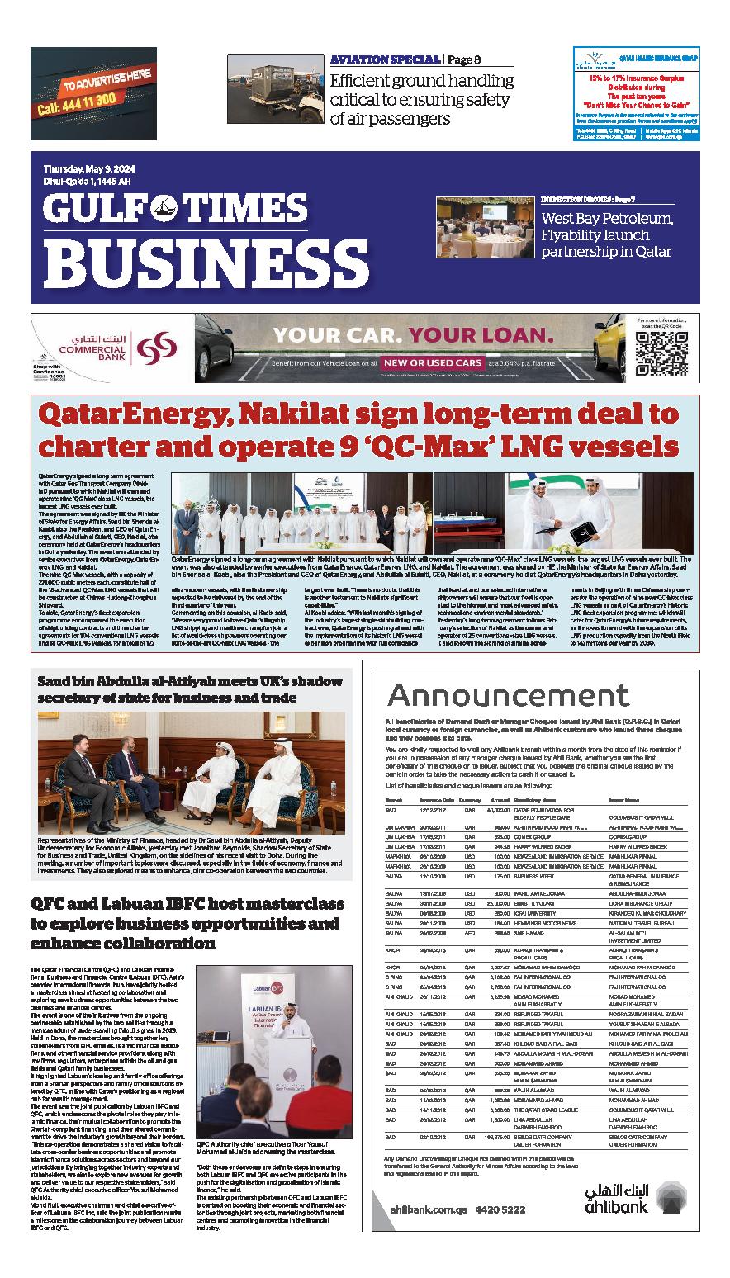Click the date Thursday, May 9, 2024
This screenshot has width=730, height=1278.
pos(89,170)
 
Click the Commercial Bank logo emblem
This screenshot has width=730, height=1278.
pos(157,348)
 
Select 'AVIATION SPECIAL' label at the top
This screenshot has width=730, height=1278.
pos(385,59)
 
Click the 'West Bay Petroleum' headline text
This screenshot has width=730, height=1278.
pos(608,220)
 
